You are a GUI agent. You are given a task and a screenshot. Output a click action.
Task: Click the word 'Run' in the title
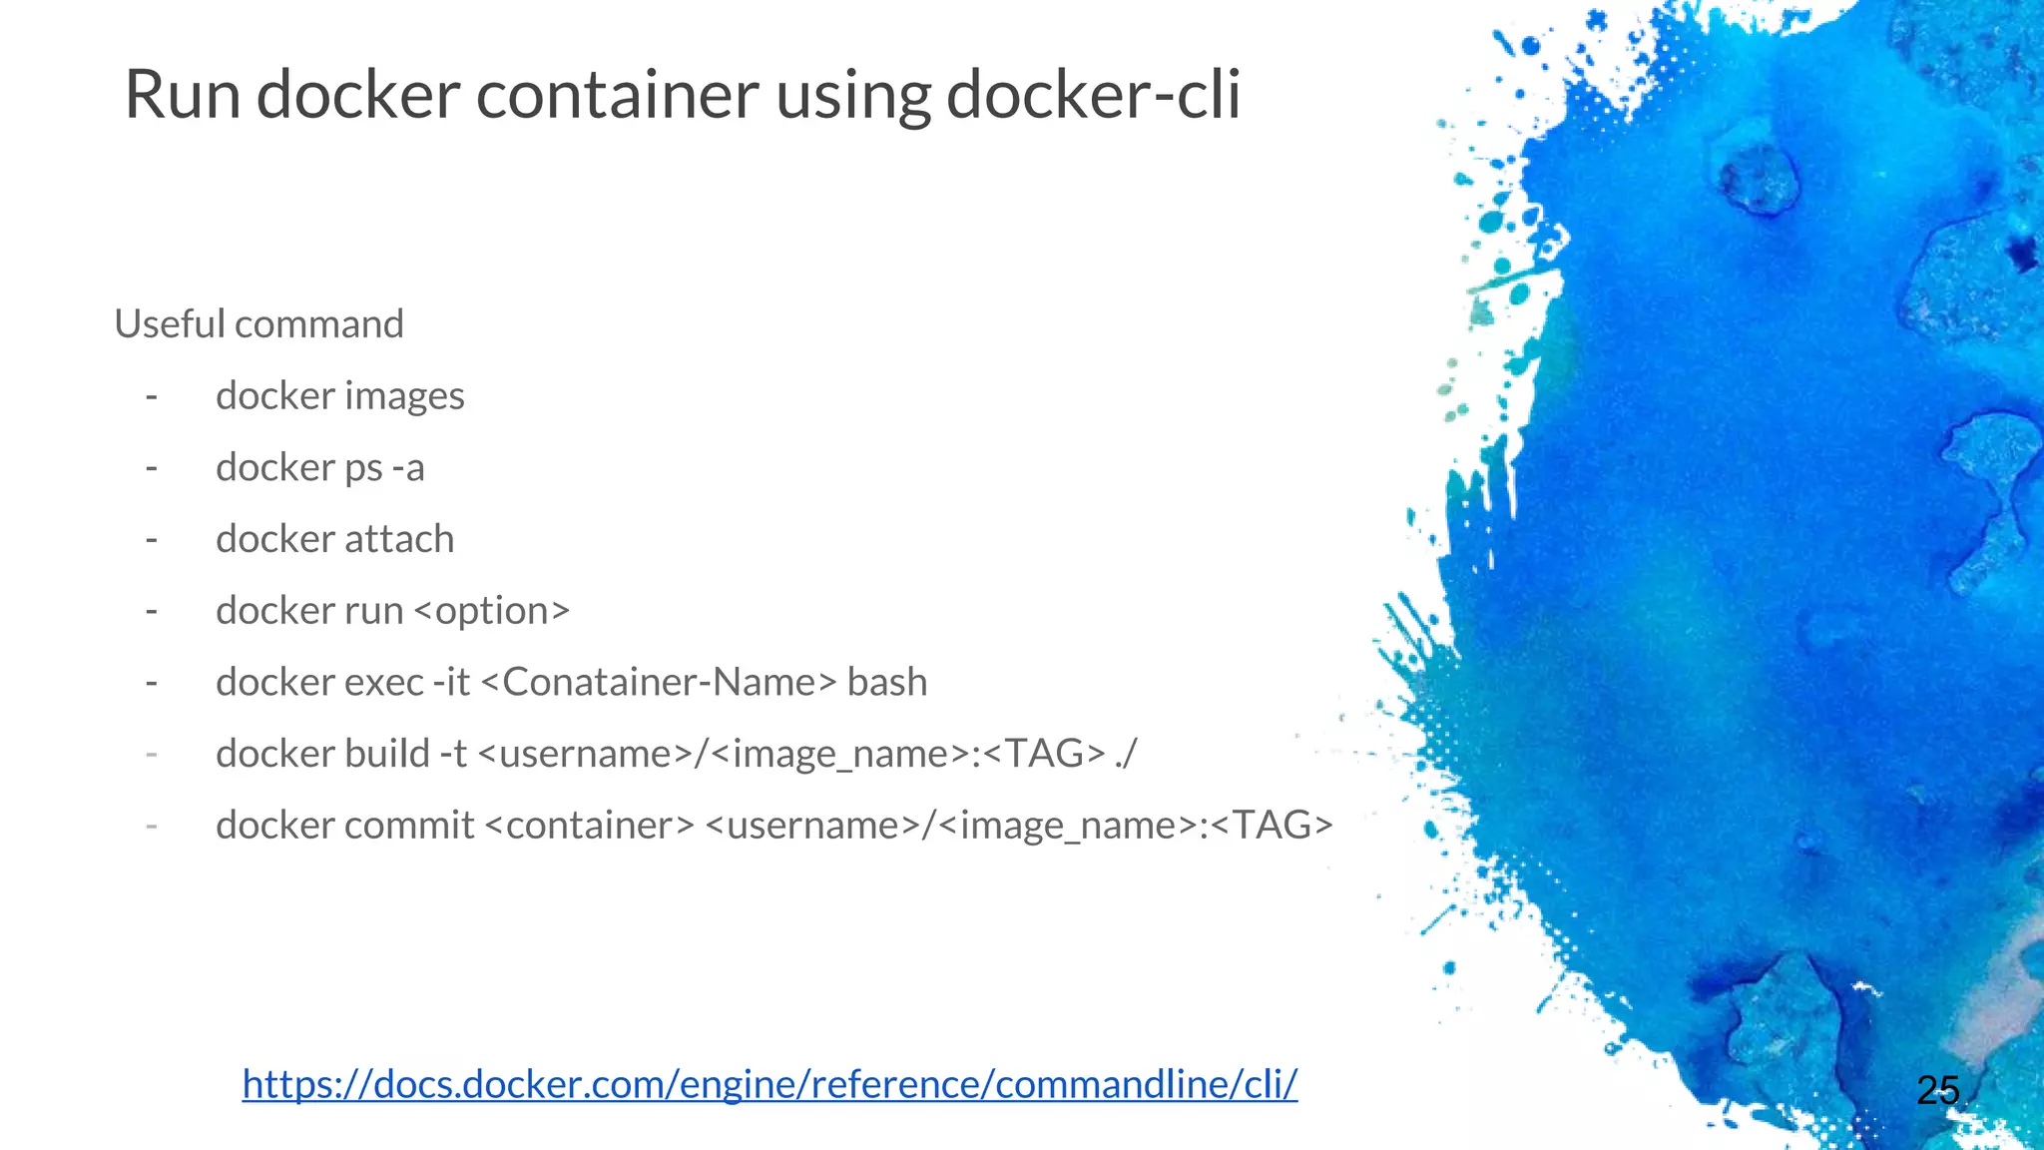[183, 96]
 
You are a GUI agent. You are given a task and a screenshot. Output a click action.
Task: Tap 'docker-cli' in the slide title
[1093, 96]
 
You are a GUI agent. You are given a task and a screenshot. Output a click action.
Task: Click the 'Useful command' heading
[258, 324]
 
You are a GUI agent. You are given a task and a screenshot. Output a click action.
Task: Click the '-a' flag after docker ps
[408, 468]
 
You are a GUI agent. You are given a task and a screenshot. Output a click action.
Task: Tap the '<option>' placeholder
[491, 611]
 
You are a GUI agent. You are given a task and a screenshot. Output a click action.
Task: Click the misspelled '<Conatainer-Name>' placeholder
[659, 683]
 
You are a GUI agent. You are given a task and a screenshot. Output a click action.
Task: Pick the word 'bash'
[887, 683]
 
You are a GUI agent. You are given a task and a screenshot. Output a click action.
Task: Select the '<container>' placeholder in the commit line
[590, 826]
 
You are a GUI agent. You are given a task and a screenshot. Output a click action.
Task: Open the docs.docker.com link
[769, 1084]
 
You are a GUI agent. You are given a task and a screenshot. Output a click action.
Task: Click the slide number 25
[1937, 1090]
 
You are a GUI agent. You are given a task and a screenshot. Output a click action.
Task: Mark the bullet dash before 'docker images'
[152, 397]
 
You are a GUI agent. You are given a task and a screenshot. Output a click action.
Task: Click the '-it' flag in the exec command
[451, 683]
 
